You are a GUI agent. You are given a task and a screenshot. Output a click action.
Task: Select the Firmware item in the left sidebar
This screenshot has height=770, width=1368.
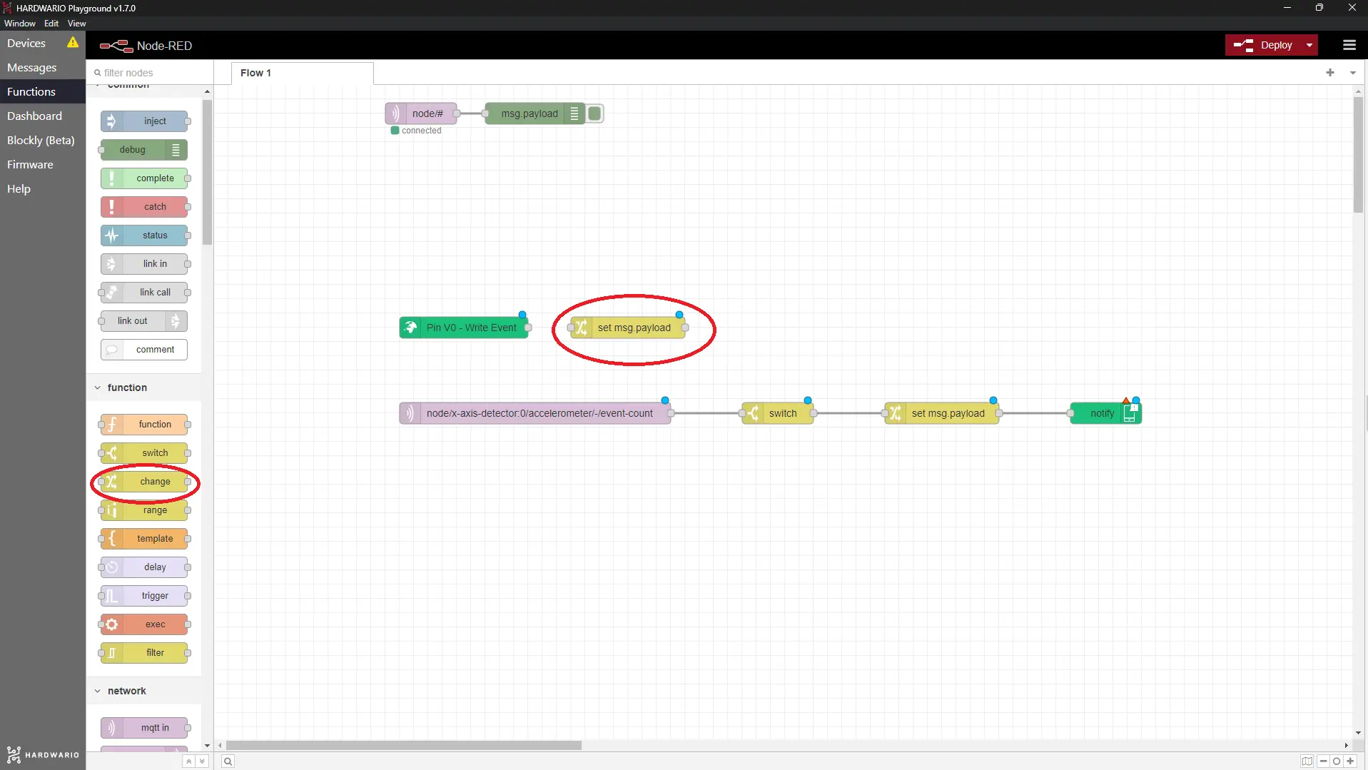point(30,165)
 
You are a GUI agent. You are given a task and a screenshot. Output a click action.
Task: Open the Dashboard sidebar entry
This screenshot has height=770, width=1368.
point(34,116)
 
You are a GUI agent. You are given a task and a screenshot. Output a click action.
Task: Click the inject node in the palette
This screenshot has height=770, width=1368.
point(144,121)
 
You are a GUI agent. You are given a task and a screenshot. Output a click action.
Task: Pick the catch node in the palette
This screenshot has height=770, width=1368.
point(144,207)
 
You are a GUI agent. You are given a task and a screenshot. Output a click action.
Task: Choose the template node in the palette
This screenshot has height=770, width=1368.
point(144,539)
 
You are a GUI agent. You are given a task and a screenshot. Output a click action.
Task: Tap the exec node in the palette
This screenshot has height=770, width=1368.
point(144,624)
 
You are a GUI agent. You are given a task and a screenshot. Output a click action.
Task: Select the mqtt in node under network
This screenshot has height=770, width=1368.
point(144,728)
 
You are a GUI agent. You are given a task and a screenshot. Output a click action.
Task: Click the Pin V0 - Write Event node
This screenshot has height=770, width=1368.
point(464,328)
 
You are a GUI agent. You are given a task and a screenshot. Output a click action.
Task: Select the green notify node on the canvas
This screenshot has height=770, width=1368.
point(1105,413)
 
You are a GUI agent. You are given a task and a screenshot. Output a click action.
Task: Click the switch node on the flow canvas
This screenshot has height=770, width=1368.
point(777,413)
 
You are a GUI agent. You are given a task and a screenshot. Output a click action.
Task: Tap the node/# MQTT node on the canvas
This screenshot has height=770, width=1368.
point(420,113)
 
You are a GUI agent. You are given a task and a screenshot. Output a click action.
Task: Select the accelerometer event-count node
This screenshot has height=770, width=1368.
point(534,413)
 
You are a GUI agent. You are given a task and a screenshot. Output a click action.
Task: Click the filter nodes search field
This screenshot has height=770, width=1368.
point(150,73)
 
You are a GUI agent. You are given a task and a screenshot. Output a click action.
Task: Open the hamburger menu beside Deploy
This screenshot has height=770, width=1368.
point(1349,45)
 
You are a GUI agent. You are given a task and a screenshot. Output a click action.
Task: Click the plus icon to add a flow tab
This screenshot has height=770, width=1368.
point(1330,72)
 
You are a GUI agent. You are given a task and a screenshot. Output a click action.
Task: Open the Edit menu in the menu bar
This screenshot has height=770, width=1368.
point(51,24)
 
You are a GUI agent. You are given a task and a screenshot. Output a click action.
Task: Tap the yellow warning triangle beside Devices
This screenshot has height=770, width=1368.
point(73,43)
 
